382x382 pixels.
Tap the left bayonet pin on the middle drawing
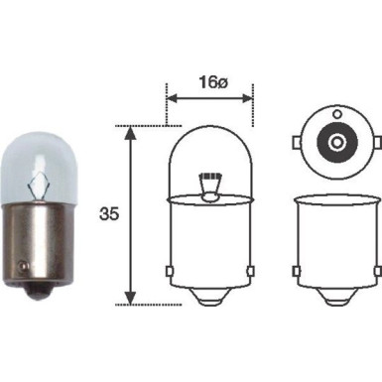[x=168, y=271]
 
